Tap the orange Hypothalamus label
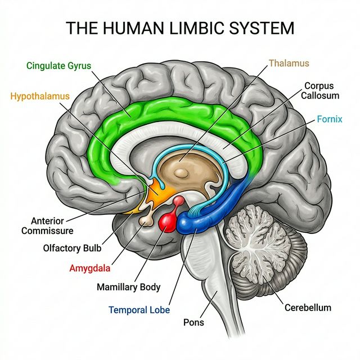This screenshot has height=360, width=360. pos(40,96)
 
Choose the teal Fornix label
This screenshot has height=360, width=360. pos(330,119)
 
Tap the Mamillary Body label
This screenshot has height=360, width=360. pos(128,287)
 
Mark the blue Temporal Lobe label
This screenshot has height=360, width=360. pos(139,310)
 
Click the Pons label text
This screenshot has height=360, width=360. pos(193,323)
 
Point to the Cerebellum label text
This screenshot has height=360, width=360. pos(307,308)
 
